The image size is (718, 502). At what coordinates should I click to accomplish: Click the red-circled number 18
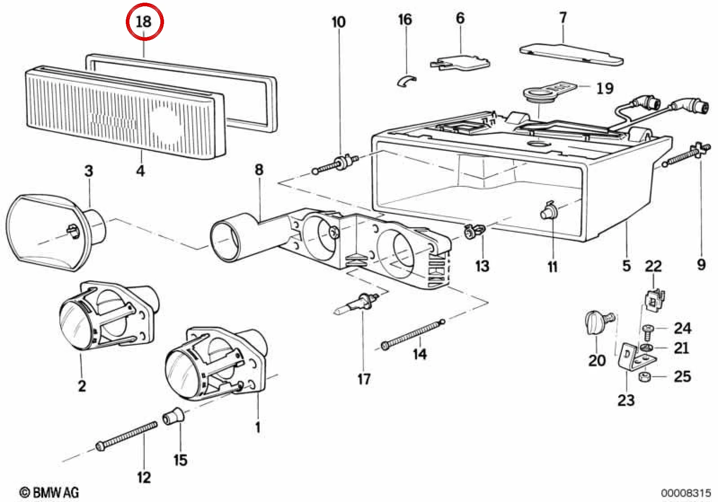tap(144, 22)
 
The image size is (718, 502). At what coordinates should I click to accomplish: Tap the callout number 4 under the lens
tap(141, 171)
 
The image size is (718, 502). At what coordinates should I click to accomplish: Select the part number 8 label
tap(259, 169)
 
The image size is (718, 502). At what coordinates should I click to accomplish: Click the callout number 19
tap(605, 88)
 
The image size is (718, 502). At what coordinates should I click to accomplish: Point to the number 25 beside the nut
tap(682, 376)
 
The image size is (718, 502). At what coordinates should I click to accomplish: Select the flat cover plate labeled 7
tap(571, 54)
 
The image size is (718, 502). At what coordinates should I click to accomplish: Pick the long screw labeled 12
tap(127, 436)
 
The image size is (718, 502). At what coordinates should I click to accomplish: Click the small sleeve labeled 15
tap(173, 415)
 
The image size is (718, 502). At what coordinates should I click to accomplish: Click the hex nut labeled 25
tap(644, 377)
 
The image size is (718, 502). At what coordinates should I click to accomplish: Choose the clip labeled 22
tap(655, 300)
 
